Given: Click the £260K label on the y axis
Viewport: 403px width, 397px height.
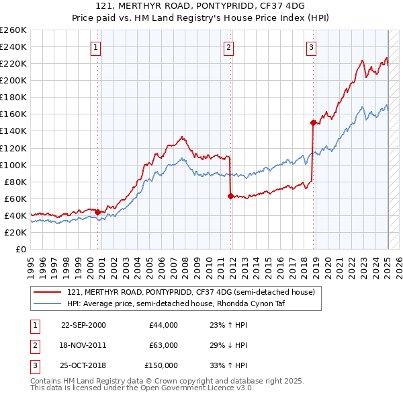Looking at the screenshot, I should coord(13,30).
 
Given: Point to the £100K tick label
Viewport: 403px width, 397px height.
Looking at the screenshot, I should coord(13,165).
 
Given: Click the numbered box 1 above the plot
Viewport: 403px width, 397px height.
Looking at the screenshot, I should coord(97,48).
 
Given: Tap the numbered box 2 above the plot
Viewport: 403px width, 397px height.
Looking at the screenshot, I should coord(229,48).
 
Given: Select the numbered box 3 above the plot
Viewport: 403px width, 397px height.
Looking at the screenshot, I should coord(312,48).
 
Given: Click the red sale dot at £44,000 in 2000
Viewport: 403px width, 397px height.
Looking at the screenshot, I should coord(98,212).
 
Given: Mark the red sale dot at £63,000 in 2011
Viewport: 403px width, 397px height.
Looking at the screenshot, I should coord(230,196).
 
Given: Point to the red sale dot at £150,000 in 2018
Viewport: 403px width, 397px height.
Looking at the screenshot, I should coord(313,122).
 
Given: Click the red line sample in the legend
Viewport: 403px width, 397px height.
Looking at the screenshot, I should coord(47,292).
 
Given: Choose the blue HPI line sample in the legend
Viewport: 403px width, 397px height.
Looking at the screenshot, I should coord(47,303).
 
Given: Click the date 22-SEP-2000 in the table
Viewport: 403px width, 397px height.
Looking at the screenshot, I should coord(83,325).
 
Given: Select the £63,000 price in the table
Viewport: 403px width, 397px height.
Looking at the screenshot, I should coord(163,345).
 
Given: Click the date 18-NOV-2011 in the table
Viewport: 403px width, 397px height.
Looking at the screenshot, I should coord(83,345).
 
